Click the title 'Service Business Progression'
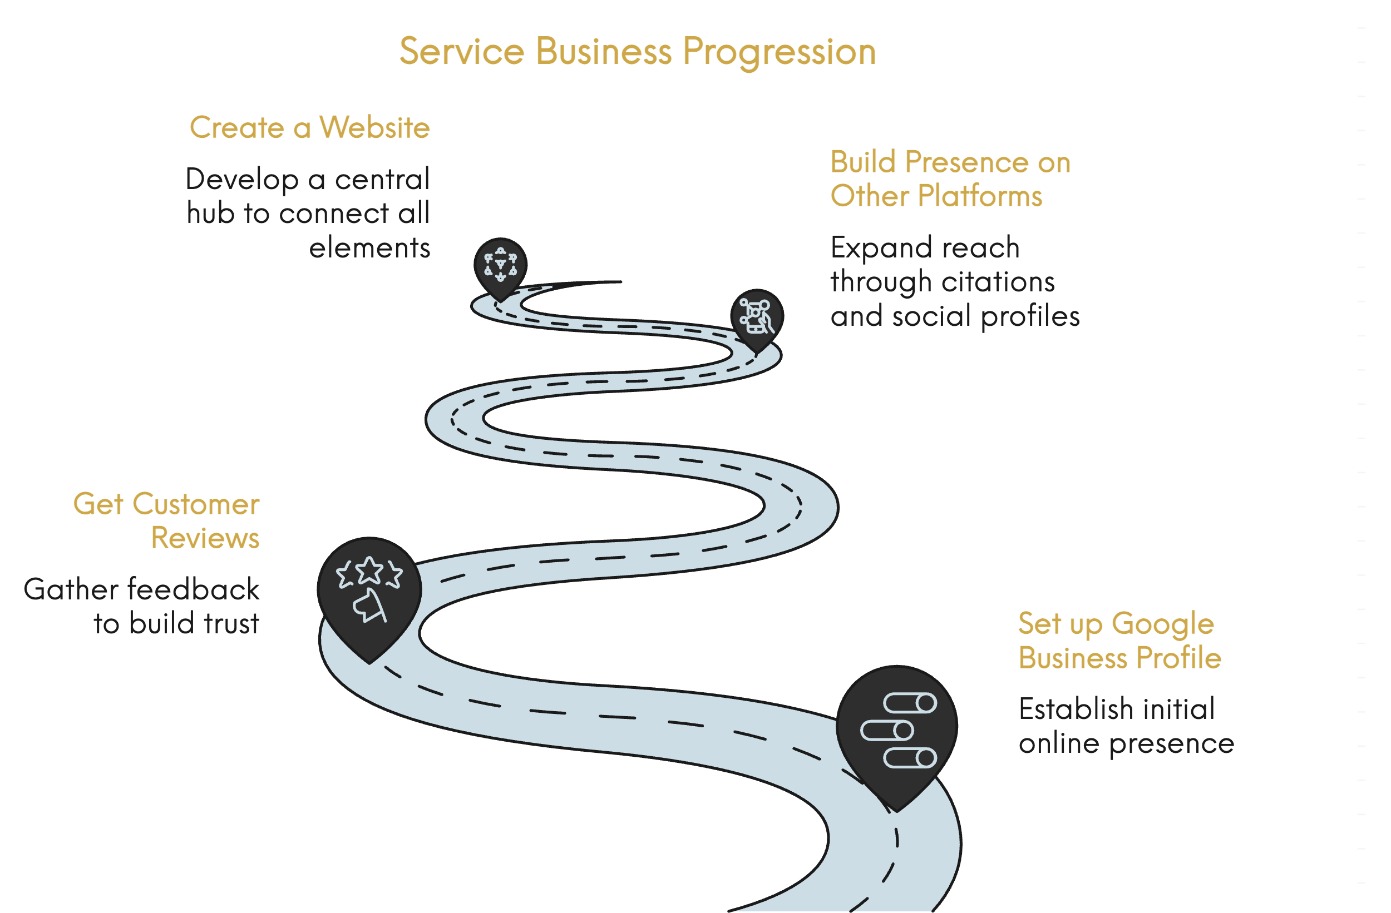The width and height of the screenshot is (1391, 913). click(x=637, y=51)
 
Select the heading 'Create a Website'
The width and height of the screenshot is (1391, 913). click(x=310, y=127)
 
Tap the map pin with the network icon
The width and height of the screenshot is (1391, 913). click(x=500, y=266)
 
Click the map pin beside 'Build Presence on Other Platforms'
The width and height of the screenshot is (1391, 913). click(x=757, y=316)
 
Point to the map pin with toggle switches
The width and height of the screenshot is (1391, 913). click(x=896, y=730)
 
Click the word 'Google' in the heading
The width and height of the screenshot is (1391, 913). click(x=1162, y=623)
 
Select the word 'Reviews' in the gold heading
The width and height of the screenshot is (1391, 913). click(x=205, y=538)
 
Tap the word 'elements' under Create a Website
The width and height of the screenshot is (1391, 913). click(x=369, y=247)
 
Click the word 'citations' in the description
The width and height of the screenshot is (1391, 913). click(x=998, y=281)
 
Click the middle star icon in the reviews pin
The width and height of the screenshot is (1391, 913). click(x=369, y=570)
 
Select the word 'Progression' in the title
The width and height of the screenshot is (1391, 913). click(x=779, y=51)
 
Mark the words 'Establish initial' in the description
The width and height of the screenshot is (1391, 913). click(x=1116, y=709)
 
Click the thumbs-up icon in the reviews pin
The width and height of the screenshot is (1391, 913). click(x=370, y=606)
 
